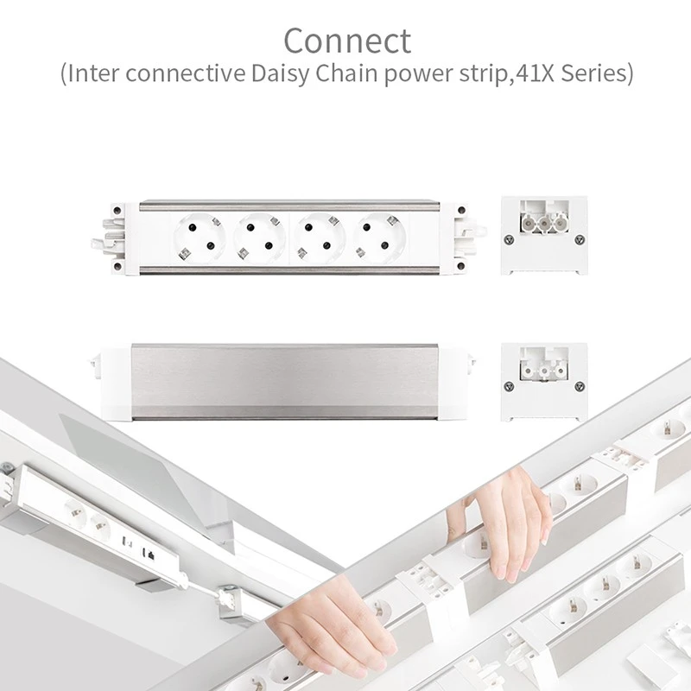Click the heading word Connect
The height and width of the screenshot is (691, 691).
pyautogui.click(x=347, y=41)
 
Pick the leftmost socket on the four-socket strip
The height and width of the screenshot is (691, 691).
pyautogui.click(x=200, y=238)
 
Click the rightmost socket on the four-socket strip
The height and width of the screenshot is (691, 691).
pyautogui.click(x=379, y=238)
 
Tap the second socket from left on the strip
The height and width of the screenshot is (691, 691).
pyautogui.click(x=260, y=238)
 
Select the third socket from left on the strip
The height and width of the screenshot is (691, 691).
pyautogui.click(x=320, y=238)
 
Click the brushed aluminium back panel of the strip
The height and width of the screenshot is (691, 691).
pyautogui.click(x=285, y=382)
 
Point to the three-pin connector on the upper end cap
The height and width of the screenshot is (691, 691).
pyautogui.click(x=544, y=223)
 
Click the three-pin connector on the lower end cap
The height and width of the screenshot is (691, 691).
pyautogui.click(x=544, y=370)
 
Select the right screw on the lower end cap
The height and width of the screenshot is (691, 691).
pyautogui.click(x=580, y=386)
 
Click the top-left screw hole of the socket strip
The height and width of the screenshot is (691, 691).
pyautogui.click(x=117, y=210)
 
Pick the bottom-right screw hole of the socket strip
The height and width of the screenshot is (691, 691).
pyautogui.click(x=461, y=266)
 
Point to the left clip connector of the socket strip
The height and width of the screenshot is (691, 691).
pyautogui.click(x=107, y=238)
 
